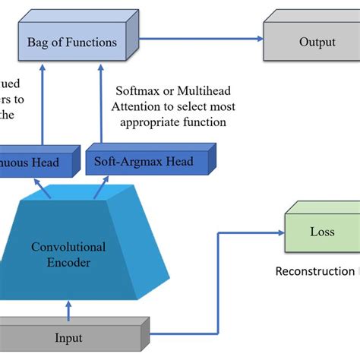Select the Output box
tap(311, 43)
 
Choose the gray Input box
tap(68, 335)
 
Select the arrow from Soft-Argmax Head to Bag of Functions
tap(99, 106)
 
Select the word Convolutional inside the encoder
tap(68, 247)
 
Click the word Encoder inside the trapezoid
tap(68, 263)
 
